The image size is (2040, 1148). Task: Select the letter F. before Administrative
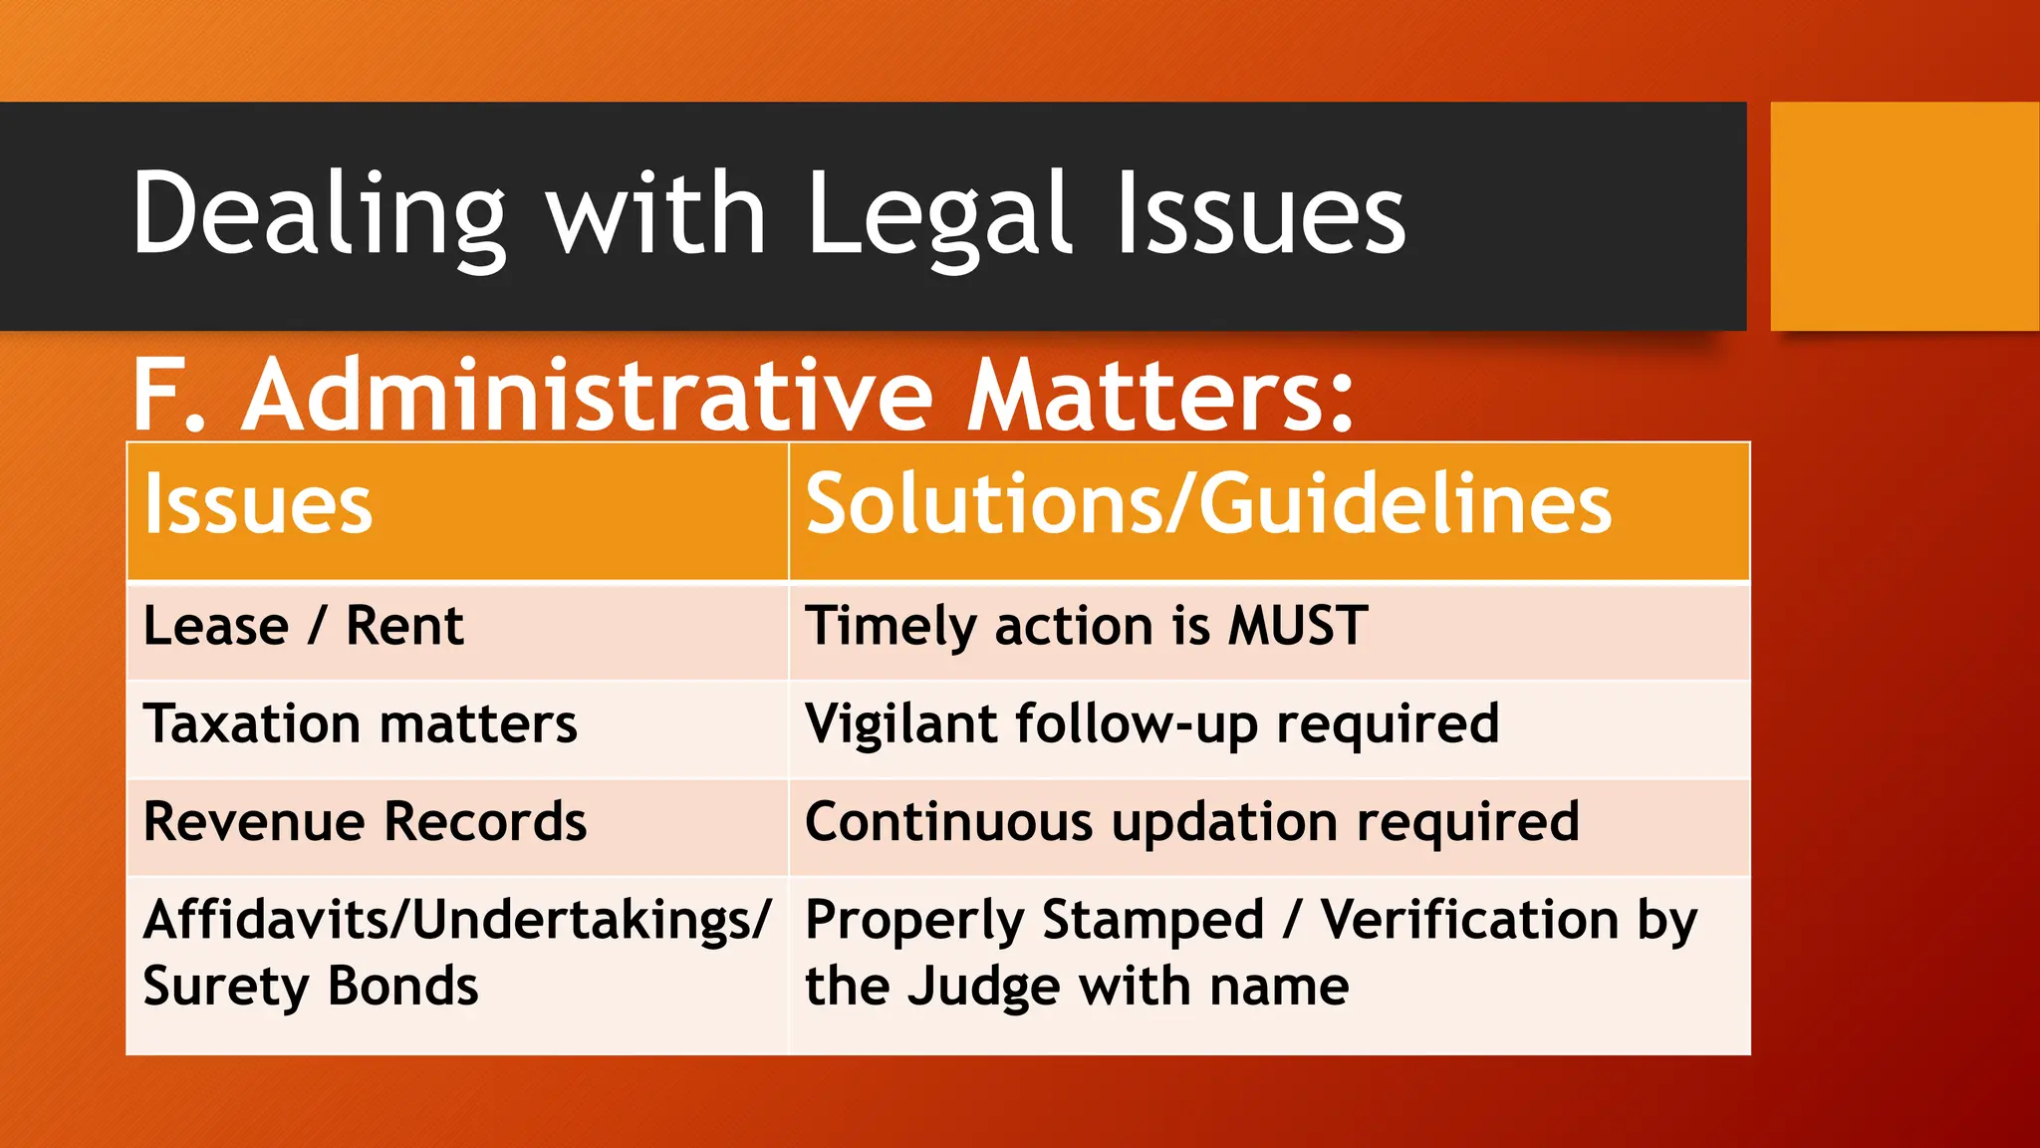[169, 397]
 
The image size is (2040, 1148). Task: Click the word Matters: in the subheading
[1161, 397]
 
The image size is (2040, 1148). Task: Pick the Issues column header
[258, 505]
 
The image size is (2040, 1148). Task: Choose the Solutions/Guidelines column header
[1208, 505]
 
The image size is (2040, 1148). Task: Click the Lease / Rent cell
[304, 627]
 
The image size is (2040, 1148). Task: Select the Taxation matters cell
[360, 724]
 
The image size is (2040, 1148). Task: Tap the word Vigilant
[901, 724]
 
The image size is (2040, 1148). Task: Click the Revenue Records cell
[365, 822]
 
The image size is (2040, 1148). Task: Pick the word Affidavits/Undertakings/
[457, 920]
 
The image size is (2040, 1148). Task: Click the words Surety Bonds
[311, 987]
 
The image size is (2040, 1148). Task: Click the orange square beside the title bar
[1905, 215]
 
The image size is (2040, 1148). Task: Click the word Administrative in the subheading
[588, 397]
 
